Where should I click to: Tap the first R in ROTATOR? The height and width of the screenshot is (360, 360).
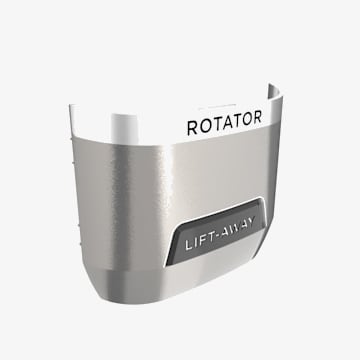coord(193,128)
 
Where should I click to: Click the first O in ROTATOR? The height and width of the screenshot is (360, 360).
coord(204,126)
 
